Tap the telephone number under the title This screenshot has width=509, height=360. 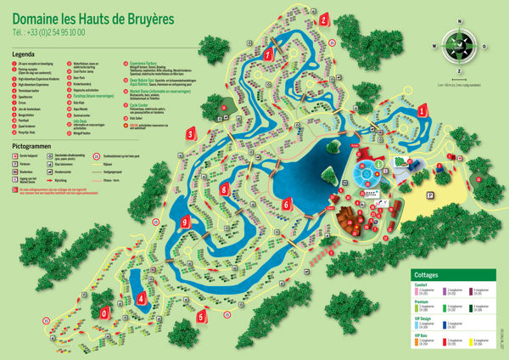pos(48,33)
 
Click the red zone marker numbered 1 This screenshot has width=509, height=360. pos(422,110)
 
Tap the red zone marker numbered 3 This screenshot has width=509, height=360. pos(192,133)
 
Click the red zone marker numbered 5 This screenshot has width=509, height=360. pos(201,316)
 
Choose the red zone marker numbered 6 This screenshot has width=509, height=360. pos(287,205)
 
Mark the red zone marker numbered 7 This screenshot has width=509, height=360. pos(268,55)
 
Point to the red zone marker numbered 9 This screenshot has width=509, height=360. pos(185,222)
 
